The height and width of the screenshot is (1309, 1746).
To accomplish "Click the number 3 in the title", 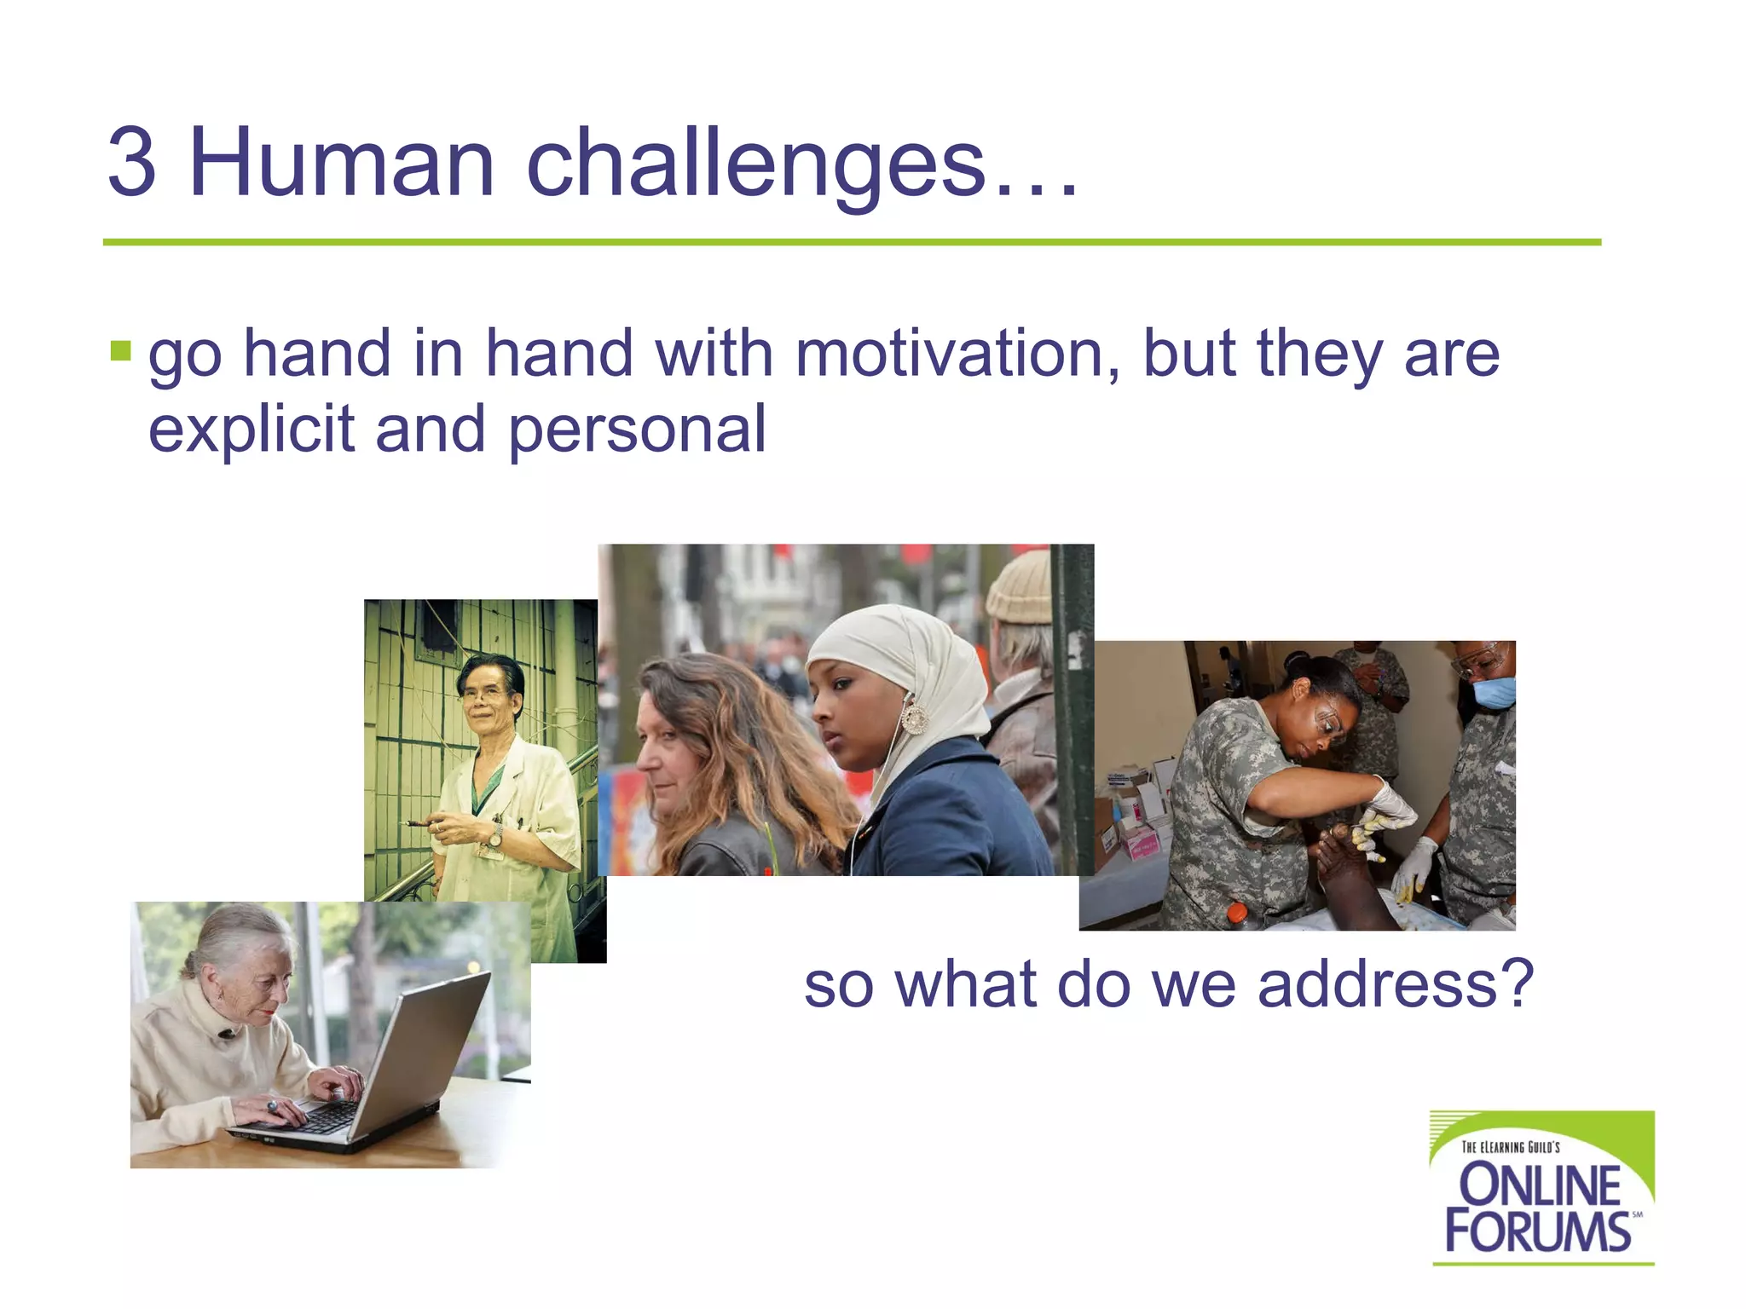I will (x=132, y=162).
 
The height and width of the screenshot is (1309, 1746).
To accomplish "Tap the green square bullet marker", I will (x=121, y=350).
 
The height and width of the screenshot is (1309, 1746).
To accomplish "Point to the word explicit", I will (x=251, y=430).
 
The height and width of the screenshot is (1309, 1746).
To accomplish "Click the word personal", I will (x=637, y=430).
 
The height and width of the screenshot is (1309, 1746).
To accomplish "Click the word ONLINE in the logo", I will (x=1540, y=1185).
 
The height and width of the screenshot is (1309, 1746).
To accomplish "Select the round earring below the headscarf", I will (x=914, y=718).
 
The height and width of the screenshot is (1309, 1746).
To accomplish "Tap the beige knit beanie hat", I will (x=1021, y=586).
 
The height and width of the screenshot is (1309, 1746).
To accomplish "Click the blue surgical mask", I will (x=1494, y=691).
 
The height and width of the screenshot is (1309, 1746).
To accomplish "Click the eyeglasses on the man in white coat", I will (x=483, y=693).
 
